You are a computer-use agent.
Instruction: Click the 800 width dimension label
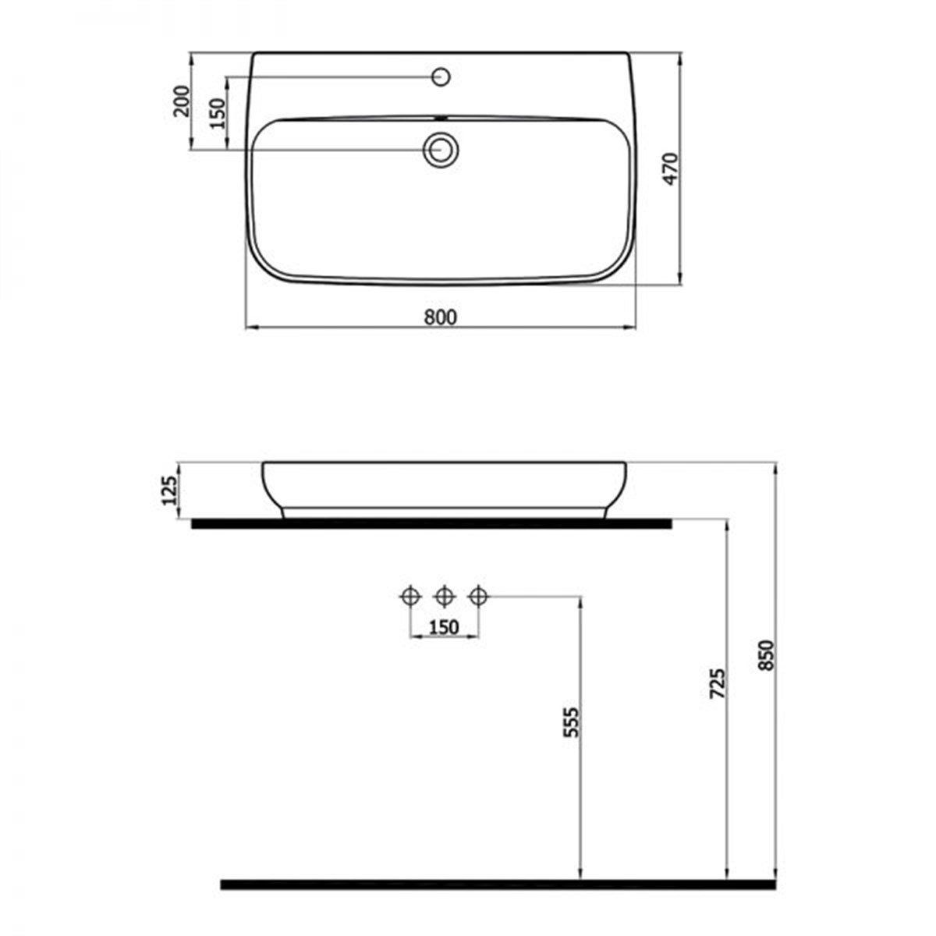(x=441, y=317)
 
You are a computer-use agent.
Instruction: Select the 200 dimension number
(x=181, y=101)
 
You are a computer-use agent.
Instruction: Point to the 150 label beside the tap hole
(x=218, y=114)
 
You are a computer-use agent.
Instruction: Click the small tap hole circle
(x=441, y=76)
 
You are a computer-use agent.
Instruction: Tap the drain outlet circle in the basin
(x=441, y=150)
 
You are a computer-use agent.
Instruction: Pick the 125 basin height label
(x=170, y=490)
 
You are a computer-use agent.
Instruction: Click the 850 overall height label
(x=765, y=656)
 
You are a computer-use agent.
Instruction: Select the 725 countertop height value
(x=717, y=684)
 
